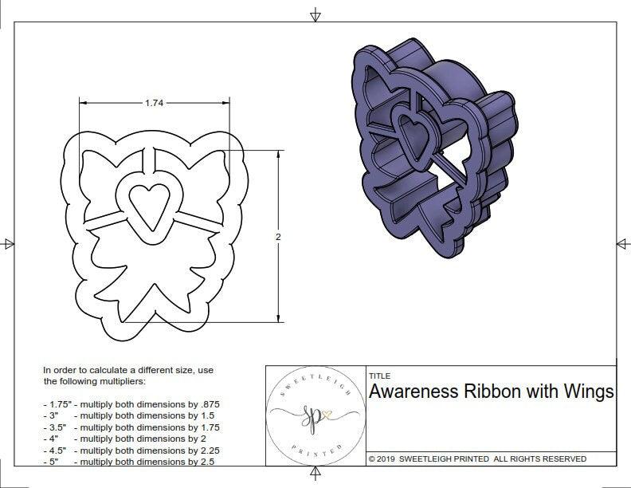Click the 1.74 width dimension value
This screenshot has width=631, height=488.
[x=156, y=103]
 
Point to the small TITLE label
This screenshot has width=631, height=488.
[x=380, y=376]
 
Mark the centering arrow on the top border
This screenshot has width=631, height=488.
[x=315, y=14]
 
